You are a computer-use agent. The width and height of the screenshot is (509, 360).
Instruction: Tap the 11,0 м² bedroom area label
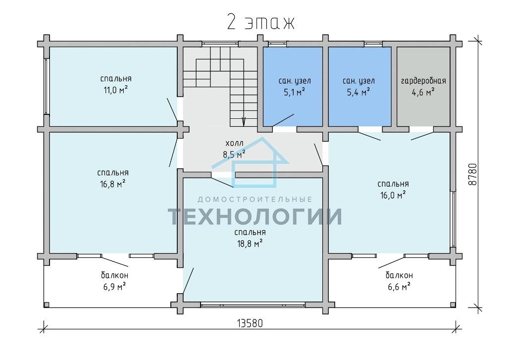click(x=115, y=90)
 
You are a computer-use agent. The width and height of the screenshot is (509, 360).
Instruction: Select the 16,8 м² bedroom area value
click(x=112, y=184)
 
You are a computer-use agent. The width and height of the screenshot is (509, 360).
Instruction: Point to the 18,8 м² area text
click(x=250, y=244)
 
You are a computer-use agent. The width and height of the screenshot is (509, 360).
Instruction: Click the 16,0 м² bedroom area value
click(x=393, y=195)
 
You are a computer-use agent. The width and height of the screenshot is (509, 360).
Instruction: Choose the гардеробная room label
click(x=423, y=81)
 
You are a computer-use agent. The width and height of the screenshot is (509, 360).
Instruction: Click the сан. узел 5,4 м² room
click(x=359, y=86)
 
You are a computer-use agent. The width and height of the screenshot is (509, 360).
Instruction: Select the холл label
click(x=234, y=143)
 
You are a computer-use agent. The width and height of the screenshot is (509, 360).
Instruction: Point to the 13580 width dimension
click(x=250, y=323)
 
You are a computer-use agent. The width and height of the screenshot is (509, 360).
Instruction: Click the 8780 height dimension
click(x=473, y=174)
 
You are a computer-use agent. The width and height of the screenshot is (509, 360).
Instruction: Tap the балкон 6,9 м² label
click(x=114, y=281)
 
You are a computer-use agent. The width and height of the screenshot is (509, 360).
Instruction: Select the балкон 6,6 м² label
click(x=399, y=281)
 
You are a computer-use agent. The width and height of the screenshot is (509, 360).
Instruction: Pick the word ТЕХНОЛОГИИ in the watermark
click(x=255, y=216)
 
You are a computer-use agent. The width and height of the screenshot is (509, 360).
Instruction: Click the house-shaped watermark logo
click(x=250, y=162)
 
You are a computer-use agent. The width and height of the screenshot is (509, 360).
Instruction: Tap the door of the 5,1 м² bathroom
click(x=283, y=120)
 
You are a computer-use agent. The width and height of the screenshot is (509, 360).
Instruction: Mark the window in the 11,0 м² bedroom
click(x=47, y=86)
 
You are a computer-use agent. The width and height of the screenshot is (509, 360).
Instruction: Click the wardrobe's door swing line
click(x=423, y=136)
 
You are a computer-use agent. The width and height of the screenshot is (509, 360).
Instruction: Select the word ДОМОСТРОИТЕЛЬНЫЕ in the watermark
click(x=255, y=199)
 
